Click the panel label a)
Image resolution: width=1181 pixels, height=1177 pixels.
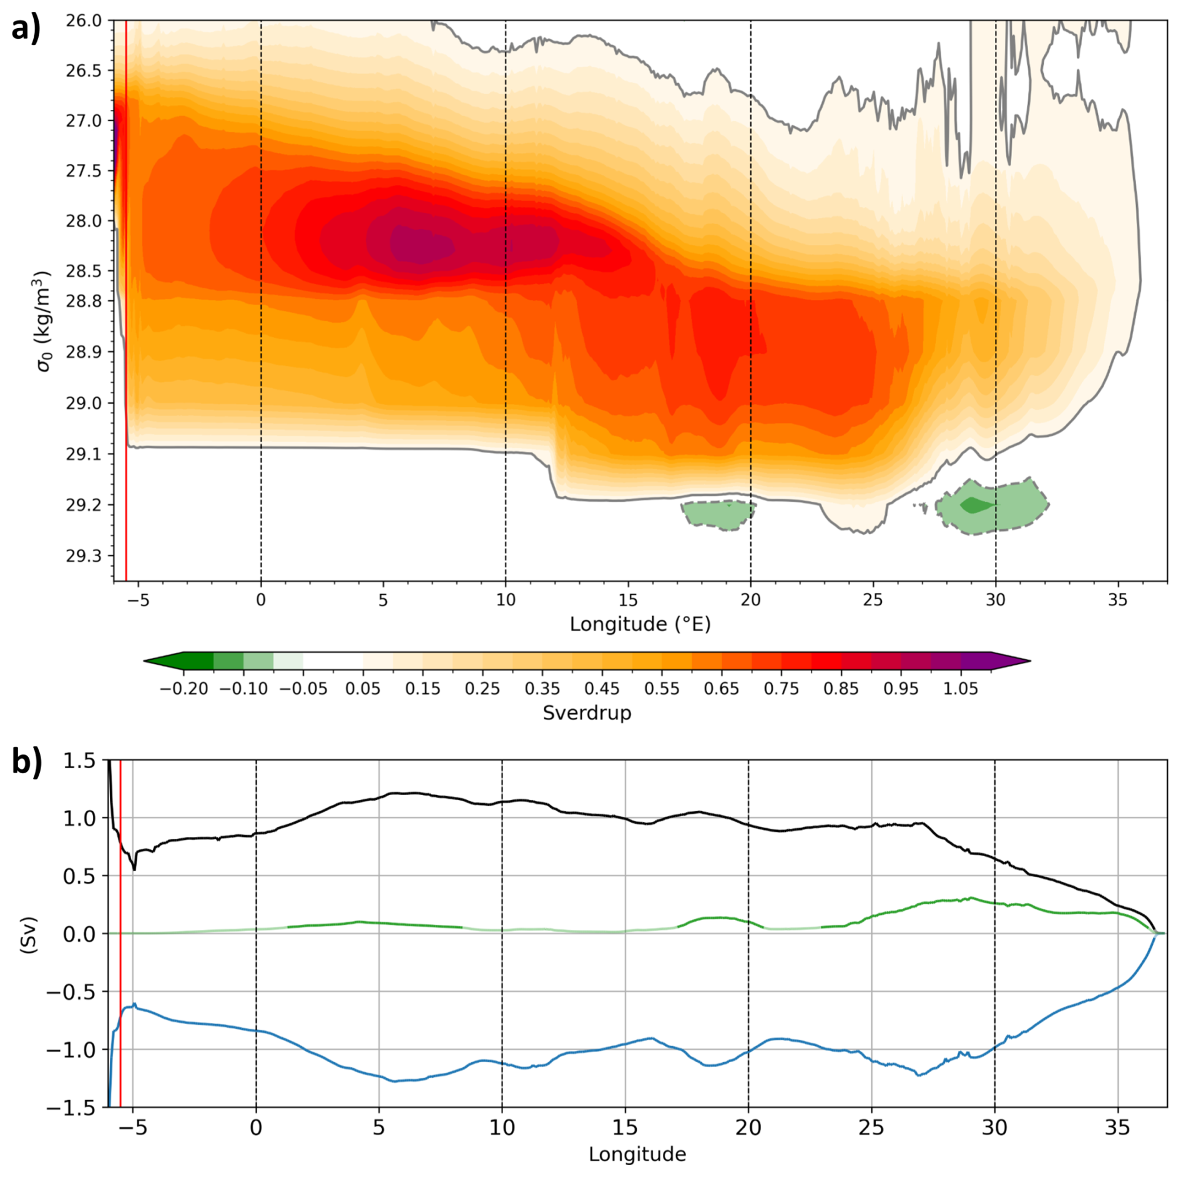pos(26,29)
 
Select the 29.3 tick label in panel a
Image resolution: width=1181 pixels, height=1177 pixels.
pos(84,556)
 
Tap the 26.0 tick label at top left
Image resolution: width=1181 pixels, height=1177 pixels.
pos(84,21)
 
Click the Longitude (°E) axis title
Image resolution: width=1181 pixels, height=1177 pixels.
pos(640,624)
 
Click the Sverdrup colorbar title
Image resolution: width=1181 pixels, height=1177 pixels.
pos(587,713)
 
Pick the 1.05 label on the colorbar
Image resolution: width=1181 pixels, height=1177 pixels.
pos(960,689)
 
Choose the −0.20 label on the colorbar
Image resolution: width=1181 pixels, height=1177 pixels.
pos(184,689)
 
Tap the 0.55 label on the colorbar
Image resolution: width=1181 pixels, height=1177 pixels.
pos(662,689)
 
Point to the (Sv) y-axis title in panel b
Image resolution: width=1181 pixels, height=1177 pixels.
pos(29,934)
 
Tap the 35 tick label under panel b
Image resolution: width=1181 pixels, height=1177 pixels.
pos(1117,1127)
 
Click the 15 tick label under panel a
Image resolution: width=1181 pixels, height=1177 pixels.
pos(628,600)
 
